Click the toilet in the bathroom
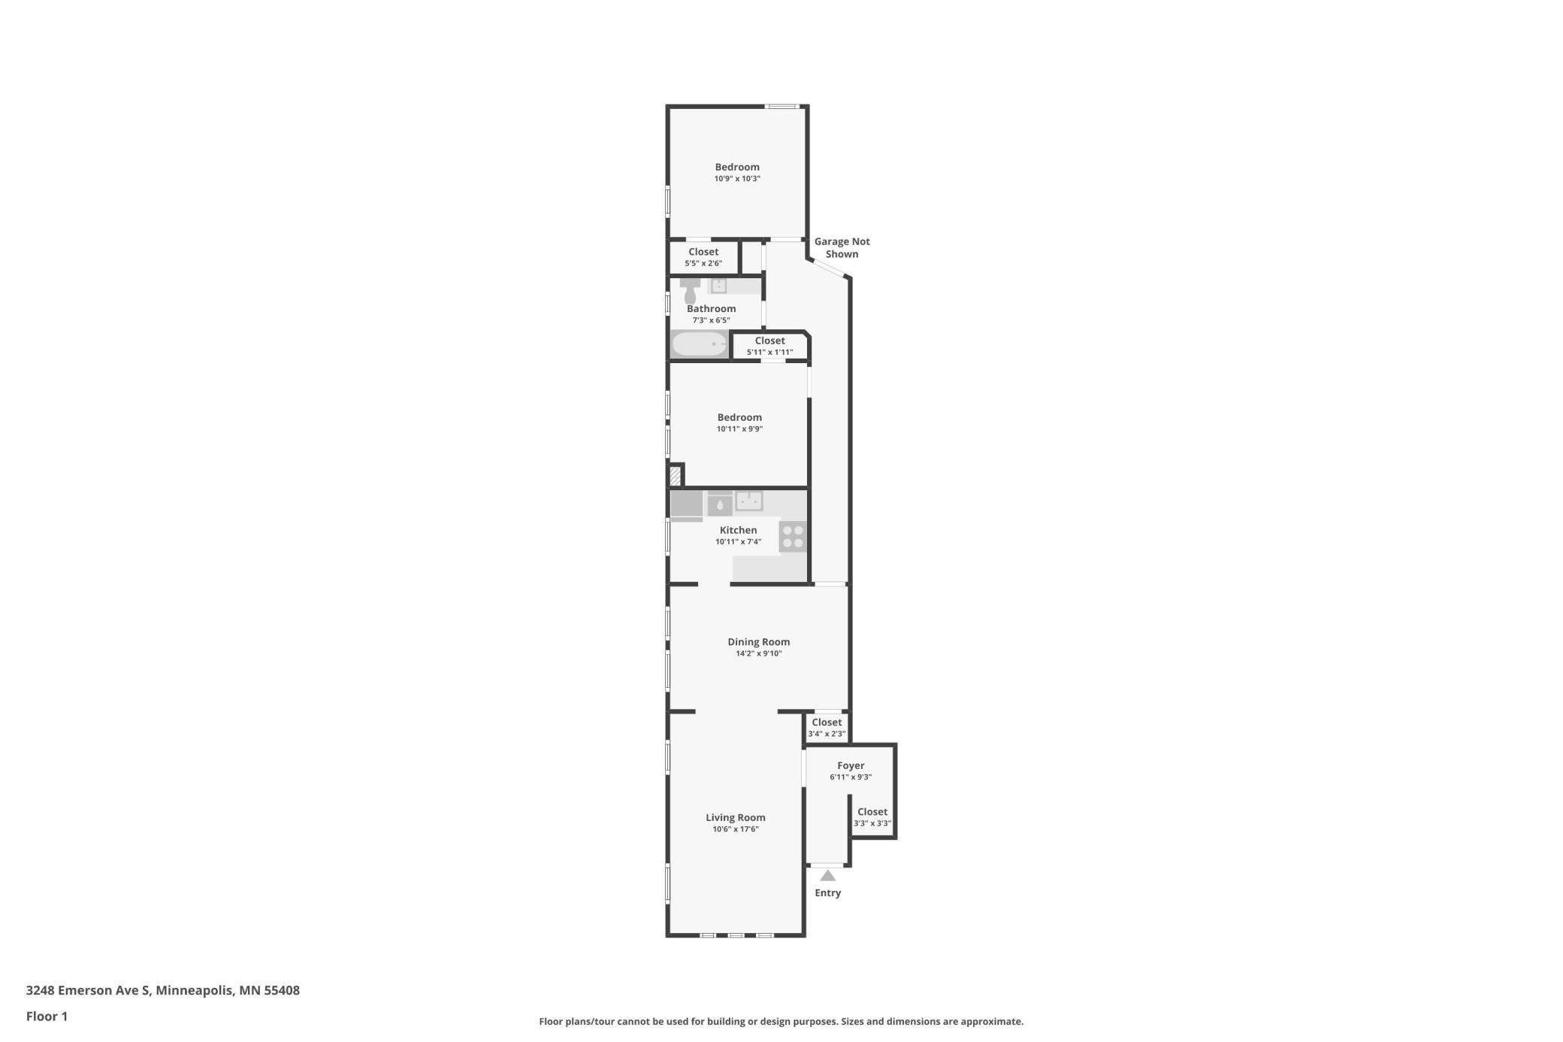690,291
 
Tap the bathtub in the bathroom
700,344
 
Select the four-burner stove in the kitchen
793,537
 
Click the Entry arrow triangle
827,876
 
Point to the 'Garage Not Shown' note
842,248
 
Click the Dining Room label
758,642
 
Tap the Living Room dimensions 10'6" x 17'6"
736,829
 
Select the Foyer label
851,766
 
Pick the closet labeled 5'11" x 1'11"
769,346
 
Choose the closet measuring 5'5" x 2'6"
703,257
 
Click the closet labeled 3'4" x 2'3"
827,728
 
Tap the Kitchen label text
738,530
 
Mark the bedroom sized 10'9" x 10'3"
737,172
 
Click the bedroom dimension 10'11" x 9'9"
739,429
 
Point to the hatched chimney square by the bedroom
676,476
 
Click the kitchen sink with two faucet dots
749,501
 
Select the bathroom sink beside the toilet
719,286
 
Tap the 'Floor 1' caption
47,1016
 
